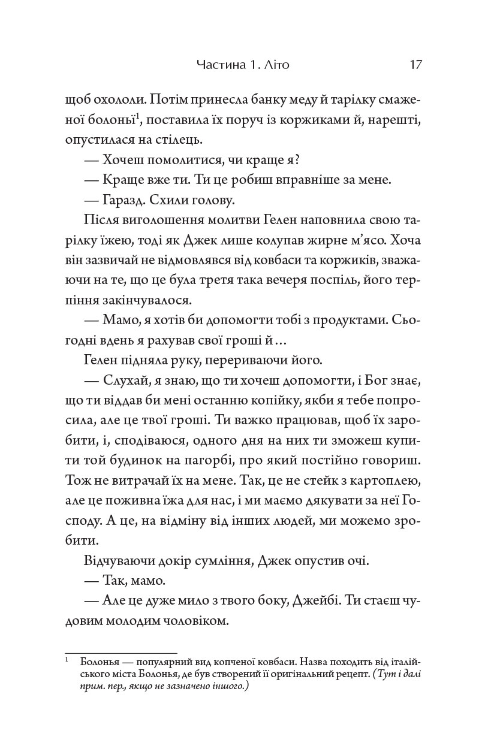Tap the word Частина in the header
point(218,64)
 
